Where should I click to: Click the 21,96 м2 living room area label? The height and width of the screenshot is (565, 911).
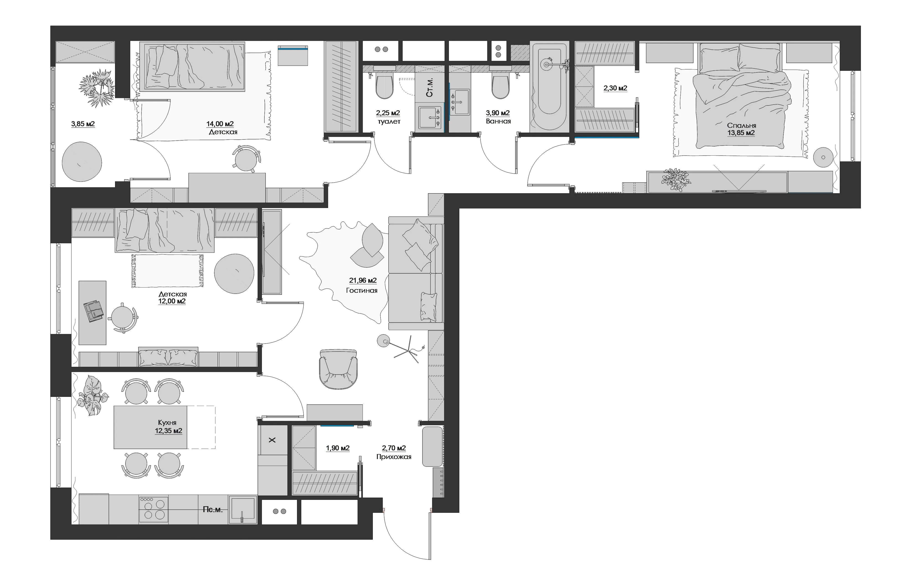[x=363, y=280]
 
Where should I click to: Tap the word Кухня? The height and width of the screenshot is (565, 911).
[x=167, y=422]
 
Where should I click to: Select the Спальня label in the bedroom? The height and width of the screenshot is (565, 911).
[x=741, y=126]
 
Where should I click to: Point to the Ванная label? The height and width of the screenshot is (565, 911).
[x=498, y=121]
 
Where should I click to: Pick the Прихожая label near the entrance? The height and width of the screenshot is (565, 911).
[x=394, y=457]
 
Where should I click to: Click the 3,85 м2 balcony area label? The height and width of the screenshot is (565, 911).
[x=83, y=124]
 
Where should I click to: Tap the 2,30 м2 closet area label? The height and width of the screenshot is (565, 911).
[x=615, y=88]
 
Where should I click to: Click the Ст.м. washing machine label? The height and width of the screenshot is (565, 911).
[x=430, y=87]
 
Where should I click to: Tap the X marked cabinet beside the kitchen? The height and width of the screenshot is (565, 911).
[x=272, y=440]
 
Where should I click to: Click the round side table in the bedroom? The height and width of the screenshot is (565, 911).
[x=823, y=158]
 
